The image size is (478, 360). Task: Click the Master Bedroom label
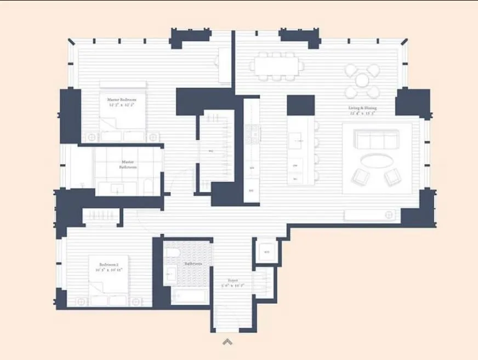point(122,102)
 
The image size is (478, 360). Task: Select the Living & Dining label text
point(362,111)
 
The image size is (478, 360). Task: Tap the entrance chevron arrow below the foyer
point(227,342)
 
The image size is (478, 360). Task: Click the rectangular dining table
point(277,66)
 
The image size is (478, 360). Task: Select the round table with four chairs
point(362,81)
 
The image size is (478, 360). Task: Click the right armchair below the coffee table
point(392,176)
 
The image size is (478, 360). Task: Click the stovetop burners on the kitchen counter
point(252,132)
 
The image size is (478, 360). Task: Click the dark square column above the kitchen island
point(300,105)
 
